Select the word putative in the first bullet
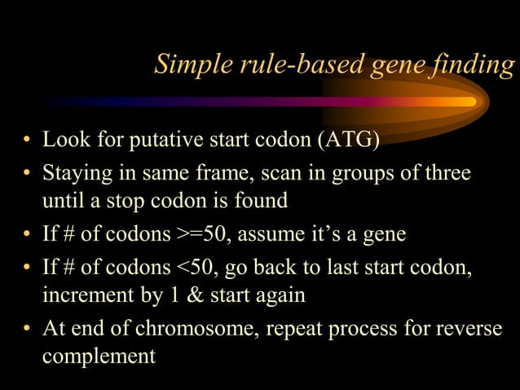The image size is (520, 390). (168, 140)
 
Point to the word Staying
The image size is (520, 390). (76, 175)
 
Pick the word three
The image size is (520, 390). (448, 175)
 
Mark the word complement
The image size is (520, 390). (99, 355)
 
